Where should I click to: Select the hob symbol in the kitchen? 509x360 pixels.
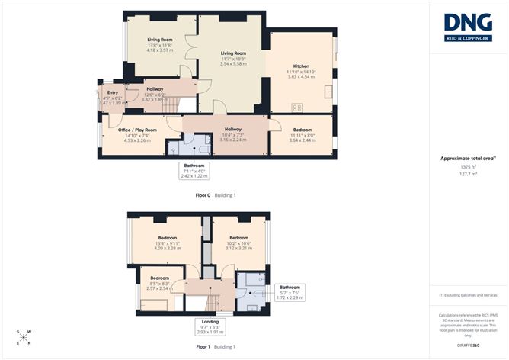click(297, 107)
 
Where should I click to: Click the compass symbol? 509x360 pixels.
click(23, 337)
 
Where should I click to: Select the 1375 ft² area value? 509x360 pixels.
click(467, 166)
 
